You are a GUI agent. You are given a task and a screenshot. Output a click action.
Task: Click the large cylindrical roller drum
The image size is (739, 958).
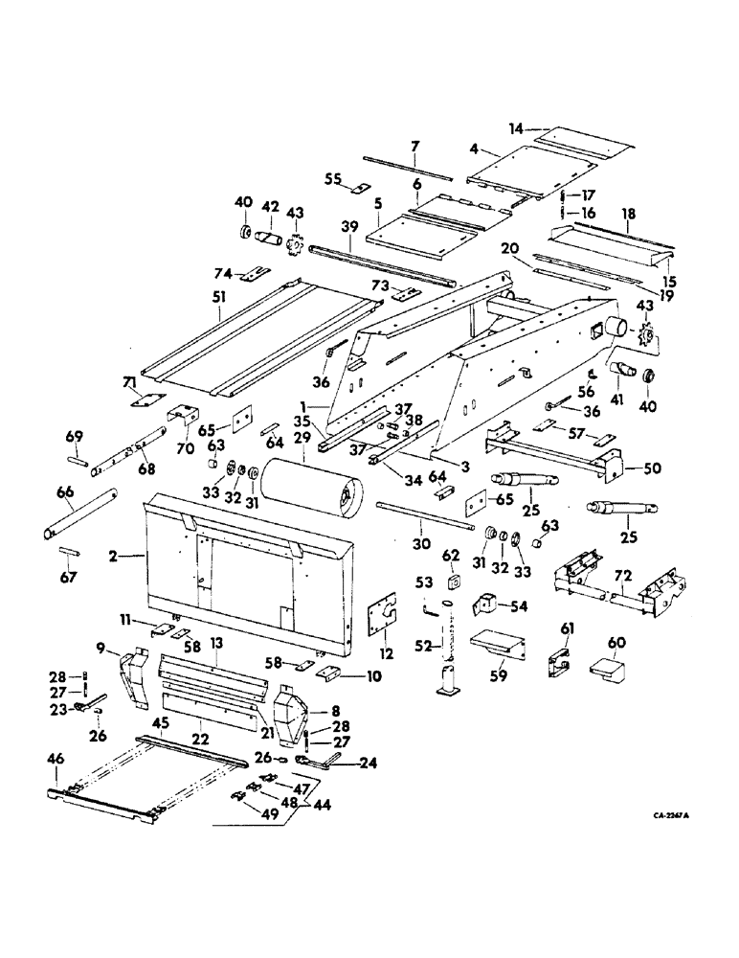click(x=312, y=489)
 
